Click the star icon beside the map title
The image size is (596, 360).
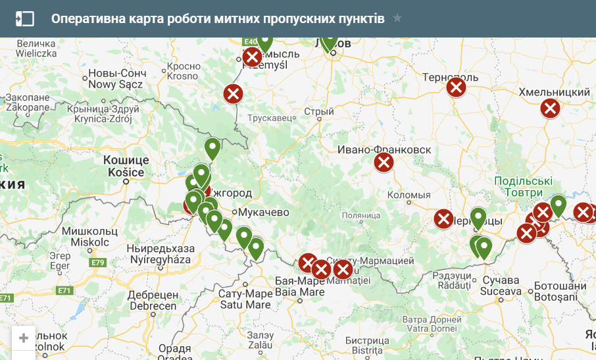[397, 18]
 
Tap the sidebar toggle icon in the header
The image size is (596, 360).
[24, 18]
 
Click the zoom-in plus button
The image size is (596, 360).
[24, 338]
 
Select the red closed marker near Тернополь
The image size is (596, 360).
[456, 87]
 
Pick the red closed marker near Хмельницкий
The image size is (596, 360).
[550, 108]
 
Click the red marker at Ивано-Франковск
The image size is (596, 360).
[384, 162]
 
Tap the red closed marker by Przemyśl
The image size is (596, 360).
[252, 57]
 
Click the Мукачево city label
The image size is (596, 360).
[264, 213]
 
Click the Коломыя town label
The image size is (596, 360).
[409, 195]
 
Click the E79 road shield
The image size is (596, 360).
[99, 263]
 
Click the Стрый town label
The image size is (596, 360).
[322, 112]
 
